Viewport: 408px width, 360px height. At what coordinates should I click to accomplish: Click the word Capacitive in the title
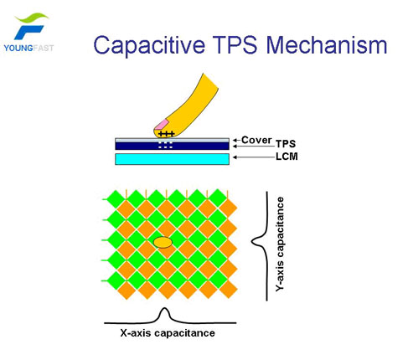pos(149,45)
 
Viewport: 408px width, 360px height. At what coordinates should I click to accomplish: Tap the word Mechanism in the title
pos(327,44)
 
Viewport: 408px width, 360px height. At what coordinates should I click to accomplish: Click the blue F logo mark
pos(29,32)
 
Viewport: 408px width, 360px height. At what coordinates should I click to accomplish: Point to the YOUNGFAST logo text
pos(28,48)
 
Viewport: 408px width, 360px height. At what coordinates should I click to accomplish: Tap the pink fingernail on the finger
pos(162,124)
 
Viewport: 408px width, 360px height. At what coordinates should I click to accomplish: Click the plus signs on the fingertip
pos(167,134)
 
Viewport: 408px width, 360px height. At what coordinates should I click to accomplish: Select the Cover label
pos(256,140)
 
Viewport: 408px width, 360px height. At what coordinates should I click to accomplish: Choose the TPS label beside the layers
pos(286,144)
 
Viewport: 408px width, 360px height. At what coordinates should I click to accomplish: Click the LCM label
pos(287,157)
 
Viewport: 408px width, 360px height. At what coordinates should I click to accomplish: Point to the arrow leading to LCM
pos(254,157)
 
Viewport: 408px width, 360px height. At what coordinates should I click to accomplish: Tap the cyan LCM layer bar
pos(172,159)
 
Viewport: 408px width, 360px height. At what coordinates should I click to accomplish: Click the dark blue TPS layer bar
pos(172,146)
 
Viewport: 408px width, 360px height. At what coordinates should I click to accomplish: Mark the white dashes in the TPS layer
pos(165,145)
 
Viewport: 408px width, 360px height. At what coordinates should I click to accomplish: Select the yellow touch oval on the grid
pos(163,242)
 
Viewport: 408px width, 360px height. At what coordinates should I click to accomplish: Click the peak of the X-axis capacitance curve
pos(165,308)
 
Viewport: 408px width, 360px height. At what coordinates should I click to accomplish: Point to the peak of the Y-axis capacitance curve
pos(252,241)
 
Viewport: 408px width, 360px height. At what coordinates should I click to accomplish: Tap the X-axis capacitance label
pos(168,333)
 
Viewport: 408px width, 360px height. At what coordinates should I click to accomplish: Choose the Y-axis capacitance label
pos(280,244)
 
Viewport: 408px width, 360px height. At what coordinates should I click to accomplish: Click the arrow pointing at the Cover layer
pos(237,140)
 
